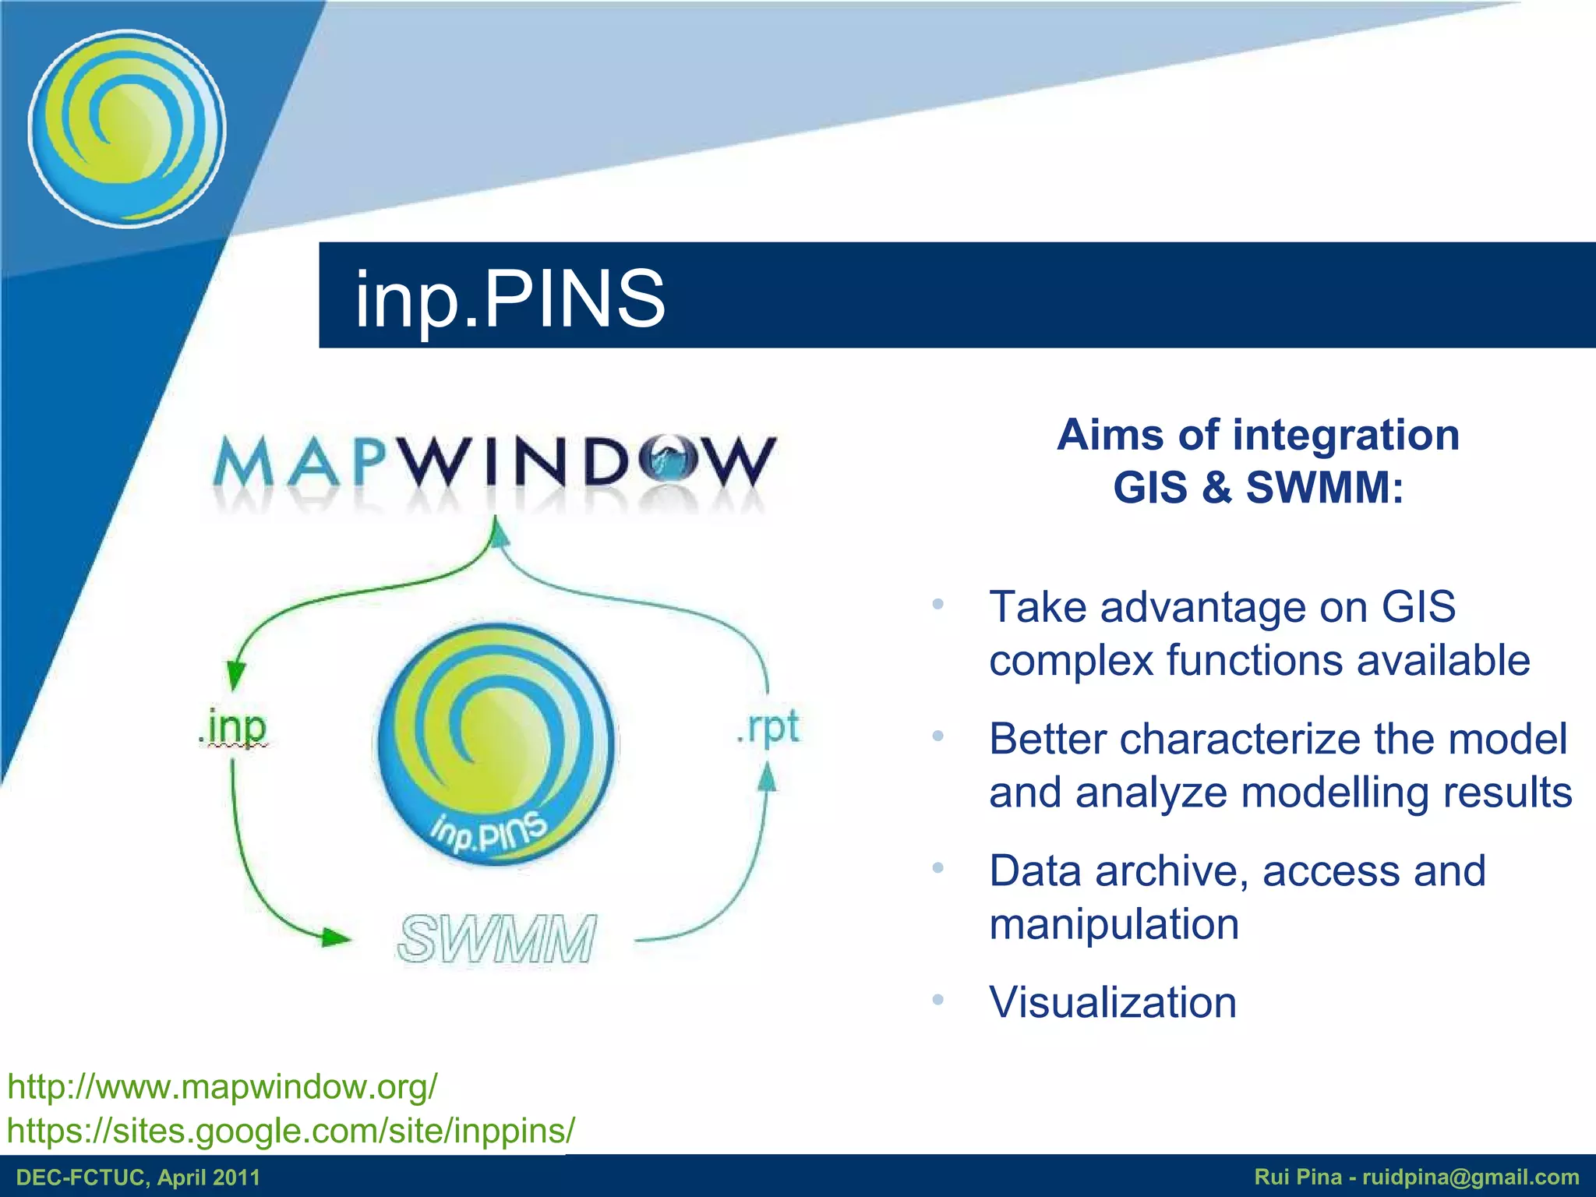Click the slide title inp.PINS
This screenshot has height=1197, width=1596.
tap(510, 298)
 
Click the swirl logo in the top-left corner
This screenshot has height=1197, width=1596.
tap(127, 129)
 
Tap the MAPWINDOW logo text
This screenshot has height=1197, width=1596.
tap(494, 463)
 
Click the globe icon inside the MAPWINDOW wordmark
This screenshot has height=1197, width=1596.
tap(668, 461)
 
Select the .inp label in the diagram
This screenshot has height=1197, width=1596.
tap(232, 728)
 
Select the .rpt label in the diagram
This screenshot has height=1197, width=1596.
tap(768, 728)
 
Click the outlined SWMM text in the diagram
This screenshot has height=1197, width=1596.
tap(497, 938)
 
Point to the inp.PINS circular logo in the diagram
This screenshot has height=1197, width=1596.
tap(496, 744)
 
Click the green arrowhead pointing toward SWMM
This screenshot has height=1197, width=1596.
tap(335, 937)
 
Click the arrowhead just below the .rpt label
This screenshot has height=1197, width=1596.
tap(768, 777)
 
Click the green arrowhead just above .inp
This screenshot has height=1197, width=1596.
tap(235, 674)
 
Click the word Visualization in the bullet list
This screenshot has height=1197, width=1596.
tap(1112, 1002)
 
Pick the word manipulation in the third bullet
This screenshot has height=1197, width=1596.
tap(1114, 924)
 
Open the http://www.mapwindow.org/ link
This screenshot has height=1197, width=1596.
tap(222, 1086)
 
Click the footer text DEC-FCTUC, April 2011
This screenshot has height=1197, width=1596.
tap(138, 1178)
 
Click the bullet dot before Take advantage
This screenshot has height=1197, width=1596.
tap(938, 605)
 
